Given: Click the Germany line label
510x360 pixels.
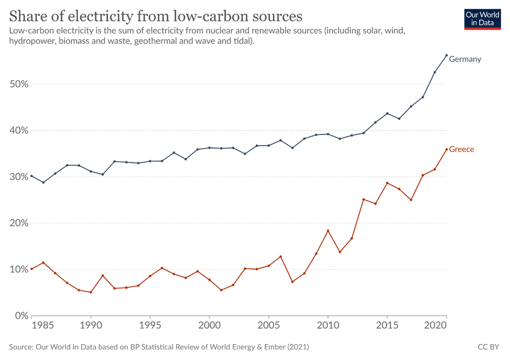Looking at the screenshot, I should [x=464, y=59].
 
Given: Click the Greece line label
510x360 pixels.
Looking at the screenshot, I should [x=461, y=149].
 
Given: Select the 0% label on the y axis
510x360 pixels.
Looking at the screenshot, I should [x=20, y=316].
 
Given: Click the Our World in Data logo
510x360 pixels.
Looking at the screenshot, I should [x=482, y=18].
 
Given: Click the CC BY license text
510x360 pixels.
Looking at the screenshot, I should [x=489, y=347].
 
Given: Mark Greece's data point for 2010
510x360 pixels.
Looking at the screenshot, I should [x=328, y=230].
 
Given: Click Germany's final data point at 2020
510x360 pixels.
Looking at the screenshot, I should [x=446, y=55].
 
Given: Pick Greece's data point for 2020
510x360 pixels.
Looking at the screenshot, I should [x=446, y=149].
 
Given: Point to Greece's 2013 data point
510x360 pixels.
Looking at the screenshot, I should [x=364, y=199].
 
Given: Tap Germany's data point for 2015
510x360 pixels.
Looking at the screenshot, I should [x=387, y=114].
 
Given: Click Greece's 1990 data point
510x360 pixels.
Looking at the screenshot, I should [x=90, y=292].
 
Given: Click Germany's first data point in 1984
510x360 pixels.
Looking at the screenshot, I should [x=32, y=176].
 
